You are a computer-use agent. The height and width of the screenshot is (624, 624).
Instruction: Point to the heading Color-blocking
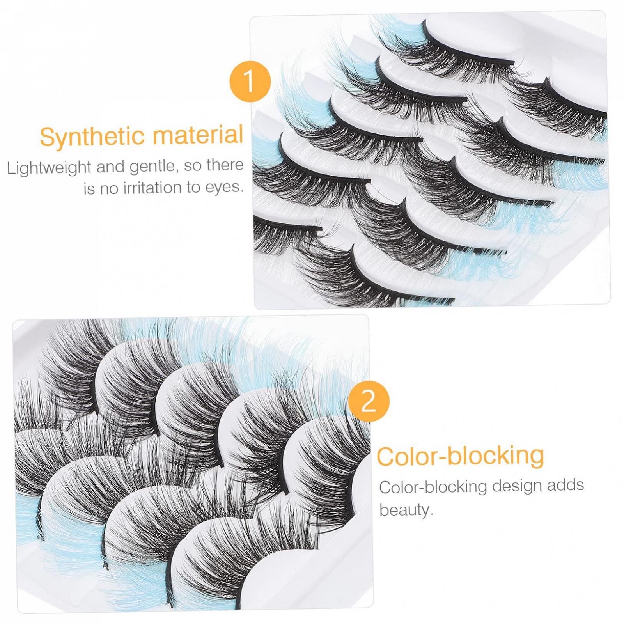460,456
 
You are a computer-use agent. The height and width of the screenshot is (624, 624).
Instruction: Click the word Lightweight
49,168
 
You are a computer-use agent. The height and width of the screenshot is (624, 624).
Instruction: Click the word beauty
406,509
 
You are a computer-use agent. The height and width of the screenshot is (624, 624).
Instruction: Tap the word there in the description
225,165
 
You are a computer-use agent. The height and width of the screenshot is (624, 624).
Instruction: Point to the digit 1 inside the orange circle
249,82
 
